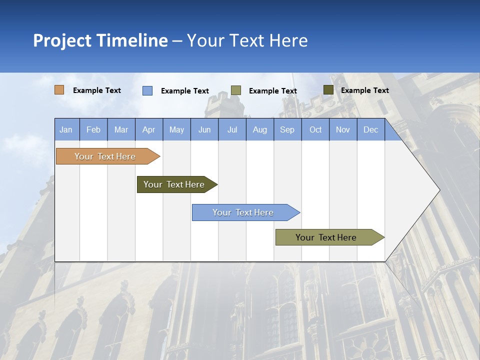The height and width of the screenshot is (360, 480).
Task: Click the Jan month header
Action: [x=66, y=129]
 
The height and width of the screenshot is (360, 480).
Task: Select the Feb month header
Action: [x=93, y=129]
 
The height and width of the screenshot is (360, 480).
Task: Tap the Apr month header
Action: [x=148, y=129]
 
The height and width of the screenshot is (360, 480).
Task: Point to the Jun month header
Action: [x=204, y=129]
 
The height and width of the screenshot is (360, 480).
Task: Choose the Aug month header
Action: [x=259, y=129]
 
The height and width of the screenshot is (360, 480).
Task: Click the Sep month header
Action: [x=287, y=129]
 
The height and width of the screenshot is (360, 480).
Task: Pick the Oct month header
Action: [x=315, y=129]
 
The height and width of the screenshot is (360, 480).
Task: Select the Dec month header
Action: [x=370, y=129]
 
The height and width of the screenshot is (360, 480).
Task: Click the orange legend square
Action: [x=59, y=90]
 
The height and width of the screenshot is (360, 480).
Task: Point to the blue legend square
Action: [x=147, y=90]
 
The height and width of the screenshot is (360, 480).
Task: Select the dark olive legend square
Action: [x=328, y=90]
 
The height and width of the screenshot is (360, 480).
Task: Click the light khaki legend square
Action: [x=236, y=90]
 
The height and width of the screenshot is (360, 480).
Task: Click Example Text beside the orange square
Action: [x=97, y=90]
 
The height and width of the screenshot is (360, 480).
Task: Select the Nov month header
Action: [x=342, y=129]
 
